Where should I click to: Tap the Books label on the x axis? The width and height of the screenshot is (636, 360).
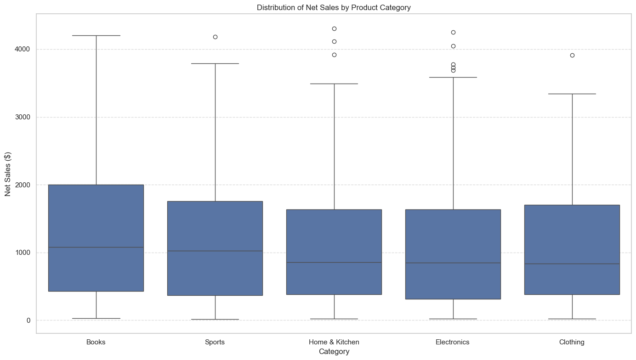coord(96,342)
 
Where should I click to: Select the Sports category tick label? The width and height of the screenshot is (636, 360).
coord(215,342)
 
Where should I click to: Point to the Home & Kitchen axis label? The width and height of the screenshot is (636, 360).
coord(334,342)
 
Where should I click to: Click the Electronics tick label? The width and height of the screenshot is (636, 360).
coord(453,342)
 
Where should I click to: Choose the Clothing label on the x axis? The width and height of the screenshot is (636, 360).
coord(572,342)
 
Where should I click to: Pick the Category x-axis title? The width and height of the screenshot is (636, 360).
coord(334,352)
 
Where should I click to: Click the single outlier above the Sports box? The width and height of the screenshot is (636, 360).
coord(215,37)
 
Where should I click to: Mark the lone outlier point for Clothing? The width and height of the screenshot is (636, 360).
coord(572,55)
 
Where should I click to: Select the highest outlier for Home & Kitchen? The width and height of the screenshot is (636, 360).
coord(334,28)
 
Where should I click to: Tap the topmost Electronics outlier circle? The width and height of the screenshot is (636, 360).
coord(453,32)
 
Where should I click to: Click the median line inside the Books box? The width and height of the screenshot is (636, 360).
coord(96,247)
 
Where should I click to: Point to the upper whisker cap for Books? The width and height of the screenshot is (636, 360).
coord(96,35)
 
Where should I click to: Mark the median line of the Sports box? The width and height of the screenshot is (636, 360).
coord(215,251)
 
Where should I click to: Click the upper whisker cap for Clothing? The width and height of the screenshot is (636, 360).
coord(572,94)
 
